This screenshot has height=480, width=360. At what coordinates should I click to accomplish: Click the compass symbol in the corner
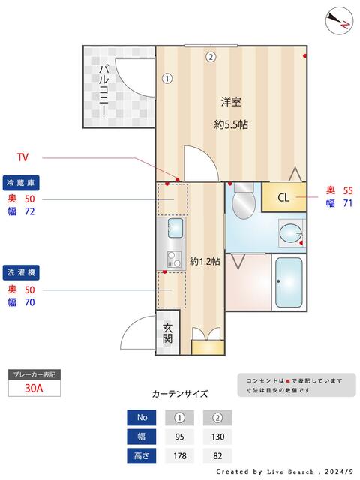click(x=339, y=20)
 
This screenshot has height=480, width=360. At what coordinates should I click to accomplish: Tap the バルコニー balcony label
click(x=103, y=89)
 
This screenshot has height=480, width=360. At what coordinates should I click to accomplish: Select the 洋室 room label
click(x=230, y=102)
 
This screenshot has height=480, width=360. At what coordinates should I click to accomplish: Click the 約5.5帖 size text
click(x=230, y=125)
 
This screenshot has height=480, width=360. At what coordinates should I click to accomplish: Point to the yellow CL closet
click(x=283, y=198)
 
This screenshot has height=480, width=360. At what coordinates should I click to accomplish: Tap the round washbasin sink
click(x=290, y=233)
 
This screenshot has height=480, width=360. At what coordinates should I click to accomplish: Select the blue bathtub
click(x=289, y=283)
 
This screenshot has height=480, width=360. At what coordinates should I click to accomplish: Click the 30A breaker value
click(x=34, y=388)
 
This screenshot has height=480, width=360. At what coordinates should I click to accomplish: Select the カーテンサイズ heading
click(x=180, y=393)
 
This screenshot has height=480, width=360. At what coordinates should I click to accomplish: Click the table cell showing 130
click(x=217, y=436)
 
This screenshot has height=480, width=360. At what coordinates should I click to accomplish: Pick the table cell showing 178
click(x=180, y=455)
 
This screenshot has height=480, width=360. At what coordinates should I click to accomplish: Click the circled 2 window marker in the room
click(x=211, y=56)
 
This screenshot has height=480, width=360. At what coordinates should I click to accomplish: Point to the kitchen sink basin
click(x=175, y=227)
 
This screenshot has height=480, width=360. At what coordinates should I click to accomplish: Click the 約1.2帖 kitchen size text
click(x=204, y=261)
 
